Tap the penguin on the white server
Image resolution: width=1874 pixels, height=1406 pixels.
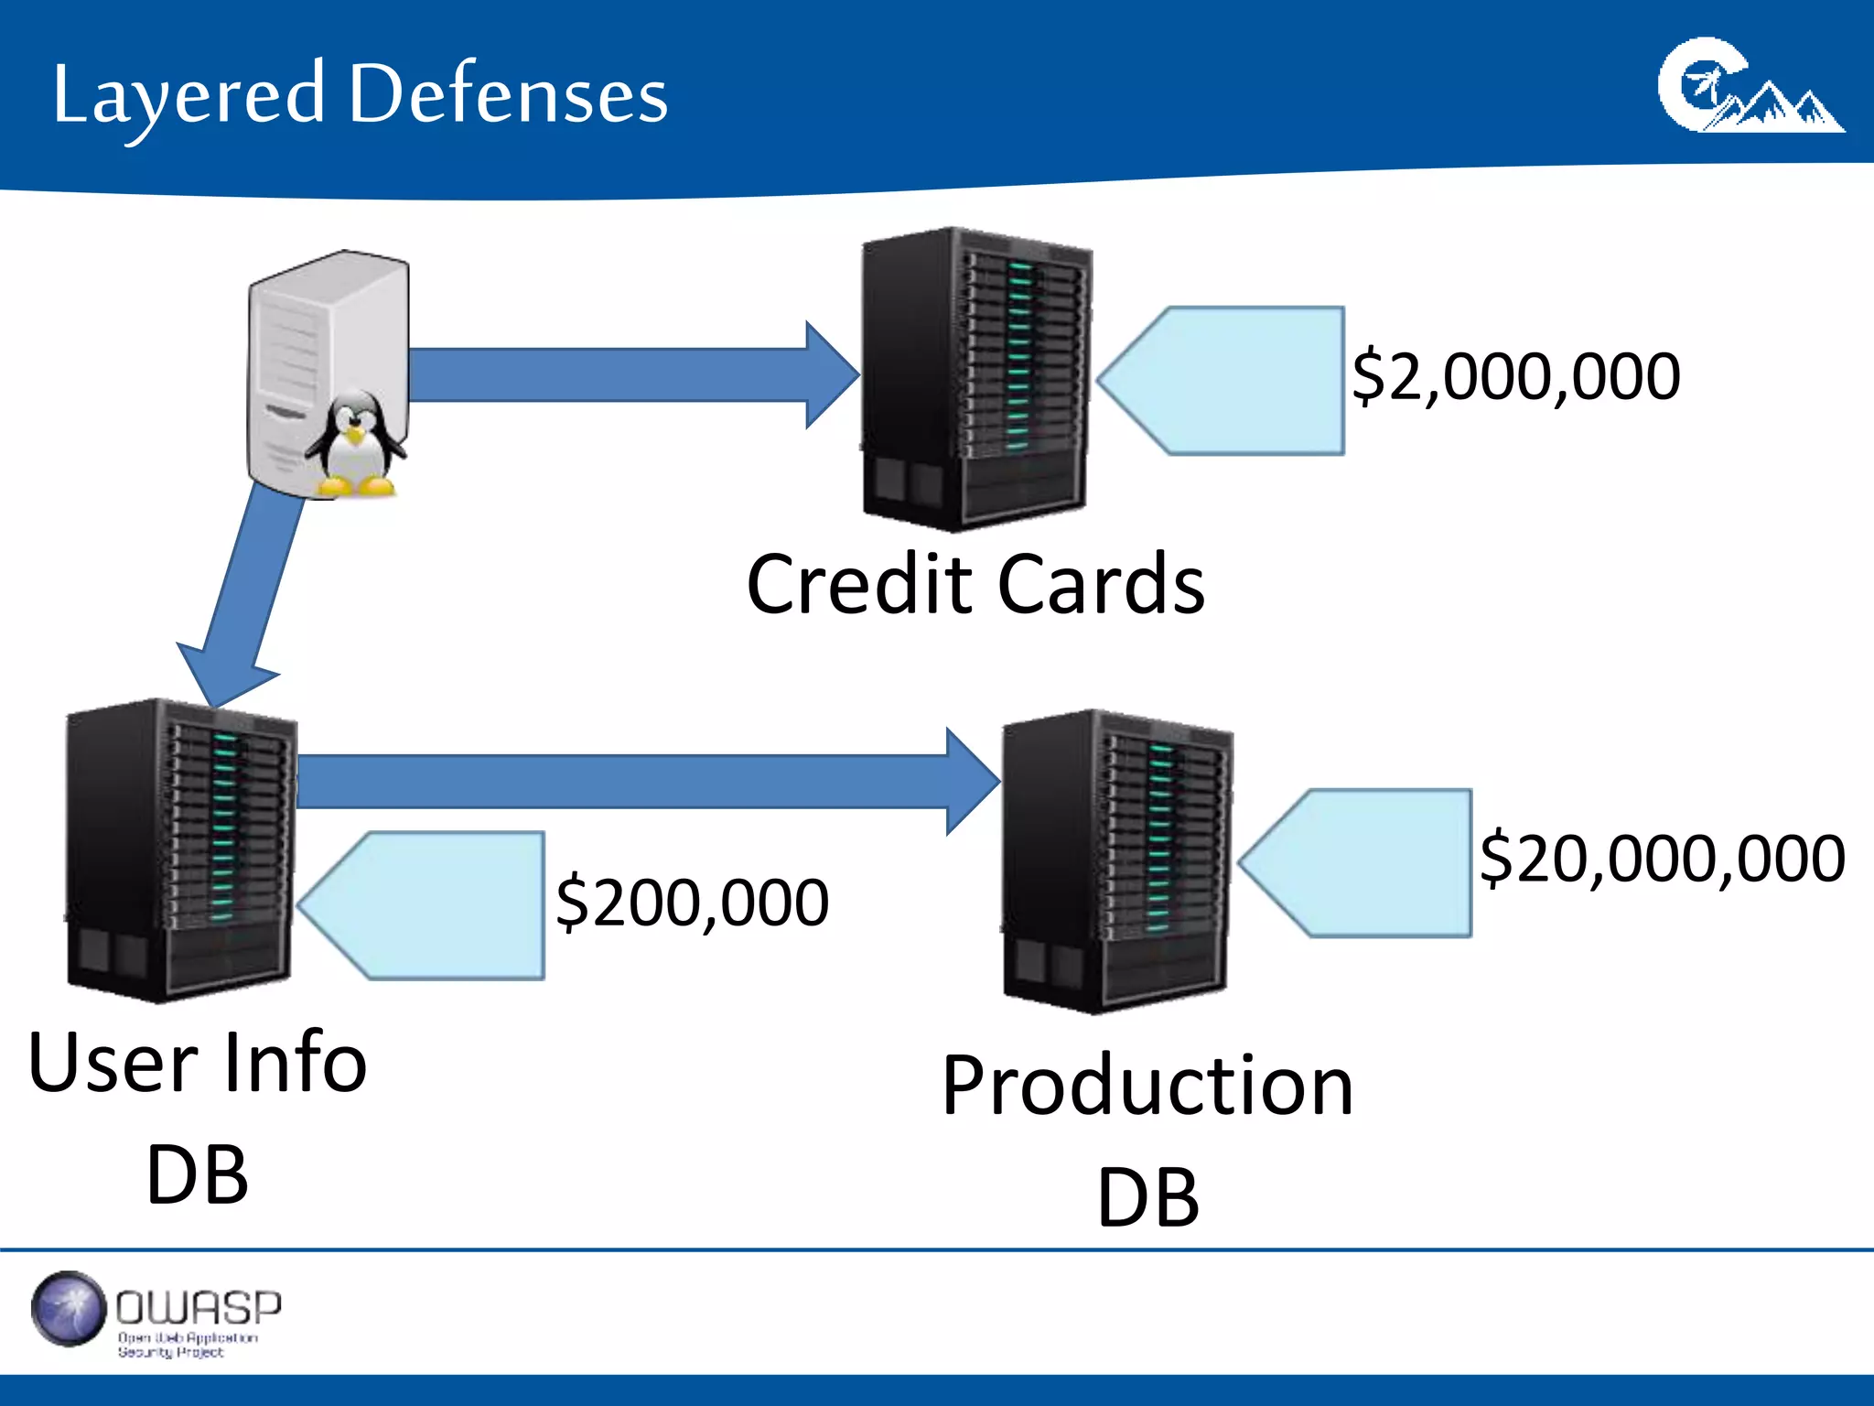click(x=355, y=443)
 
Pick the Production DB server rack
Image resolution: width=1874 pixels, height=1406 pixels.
click(x=1116, y=860)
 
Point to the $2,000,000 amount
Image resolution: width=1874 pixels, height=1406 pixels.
click(x=1515, y=376)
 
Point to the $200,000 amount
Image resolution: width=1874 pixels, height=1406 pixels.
click(x=692, y=903)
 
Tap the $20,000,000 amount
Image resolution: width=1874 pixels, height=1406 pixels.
click(x=1661, y=859)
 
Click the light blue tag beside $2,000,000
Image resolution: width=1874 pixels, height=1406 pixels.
click(x=1235, y=381)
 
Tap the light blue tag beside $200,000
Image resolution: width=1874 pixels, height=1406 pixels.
click(x=435, y=905)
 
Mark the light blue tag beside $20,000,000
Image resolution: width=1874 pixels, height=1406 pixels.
click(x=1368, y=862)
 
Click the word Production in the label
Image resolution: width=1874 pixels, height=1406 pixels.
click(x=1147, y=1086)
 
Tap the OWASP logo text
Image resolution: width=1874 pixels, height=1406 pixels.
click(x=198, y=1308)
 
